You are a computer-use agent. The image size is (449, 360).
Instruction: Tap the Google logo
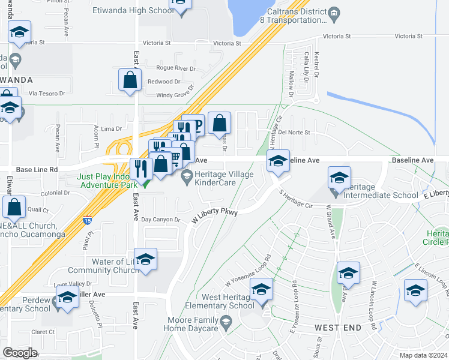20,353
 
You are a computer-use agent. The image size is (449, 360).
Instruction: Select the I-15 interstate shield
88,220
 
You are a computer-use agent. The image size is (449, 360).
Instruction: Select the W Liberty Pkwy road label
214,215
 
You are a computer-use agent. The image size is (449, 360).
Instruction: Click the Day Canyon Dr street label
161,220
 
